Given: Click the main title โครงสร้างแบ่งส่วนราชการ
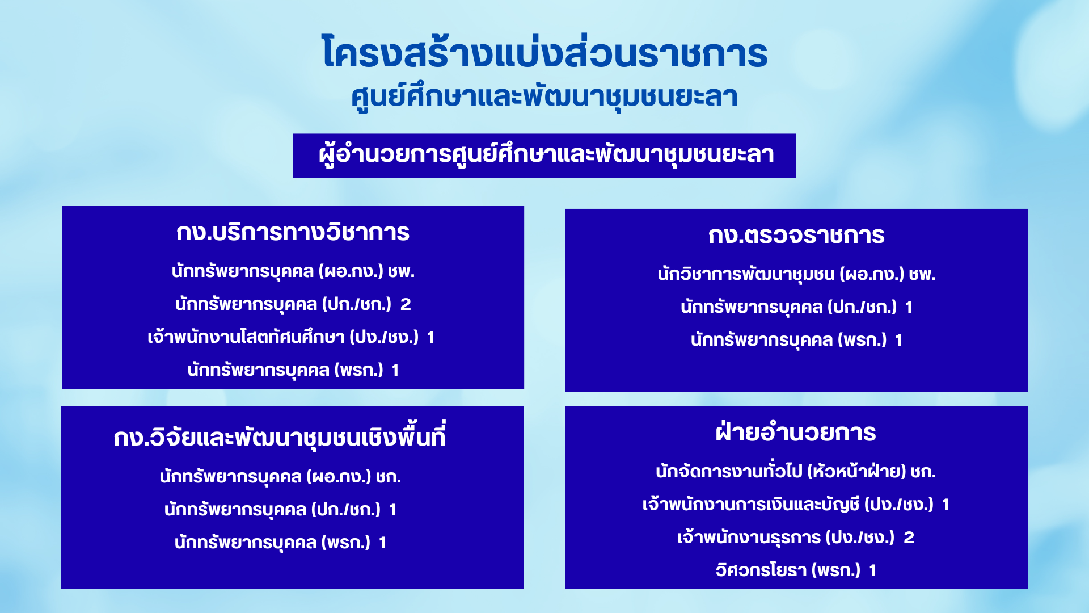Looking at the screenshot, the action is click(544, 53).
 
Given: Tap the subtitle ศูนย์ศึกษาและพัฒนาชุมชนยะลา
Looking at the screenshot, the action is click(544, 96).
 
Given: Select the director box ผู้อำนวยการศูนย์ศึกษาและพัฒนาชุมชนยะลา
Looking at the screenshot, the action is click(544, 156).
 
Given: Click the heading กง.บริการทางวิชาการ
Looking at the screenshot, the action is click(293, 232).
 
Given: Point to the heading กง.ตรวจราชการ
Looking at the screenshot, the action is click(796, 235).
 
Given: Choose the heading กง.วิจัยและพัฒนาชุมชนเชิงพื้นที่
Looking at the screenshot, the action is click(280, 436).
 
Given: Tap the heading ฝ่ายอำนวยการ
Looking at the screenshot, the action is click(796, 432).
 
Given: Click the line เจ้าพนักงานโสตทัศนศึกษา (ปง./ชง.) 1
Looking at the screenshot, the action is click(291, 337).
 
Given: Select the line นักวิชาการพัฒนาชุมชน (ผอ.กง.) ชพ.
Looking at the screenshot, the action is click(796, 274).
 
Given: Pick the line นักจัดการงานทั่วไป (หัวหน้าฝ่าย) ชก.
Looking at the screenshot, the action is click(796, 471).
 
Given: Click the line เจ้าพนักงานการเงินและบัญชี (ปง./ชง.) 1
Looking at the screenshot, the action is click(796, 504).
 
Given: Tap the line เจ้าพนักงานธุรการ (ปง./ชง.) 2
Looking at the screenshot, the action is click(796, 537).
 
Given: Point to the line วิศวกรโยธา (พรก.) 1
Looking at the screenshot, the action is click(796, 570).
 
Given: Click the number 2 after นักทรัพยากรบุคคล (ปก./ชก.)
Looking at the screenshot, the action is click(406, 304).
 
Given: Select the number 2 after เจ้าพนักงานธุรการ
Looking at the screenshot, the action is click(909, 538).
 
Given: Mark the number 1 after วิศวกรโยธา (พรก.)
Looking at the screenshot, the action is click(873, 570).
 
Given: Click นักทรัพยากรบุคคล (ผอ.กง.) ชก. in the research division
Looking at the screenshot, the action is click(280, 476).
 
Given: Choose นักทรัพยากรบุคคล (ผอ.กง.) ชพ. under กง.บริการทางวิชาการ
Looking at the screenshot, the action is click(293, 271).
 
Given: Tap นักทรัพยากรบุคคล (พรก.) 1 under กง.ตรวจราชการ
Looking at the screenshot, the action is click(796, 340).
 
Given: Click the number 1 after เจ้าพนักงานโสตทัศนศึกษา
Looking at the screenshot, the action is click(431, 337).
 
